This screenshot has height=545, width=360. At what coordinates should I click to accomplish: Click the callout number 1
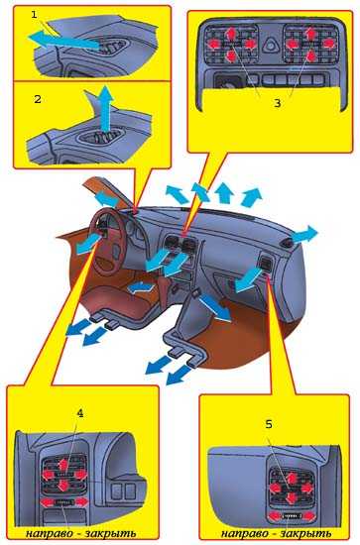tap(34, 15)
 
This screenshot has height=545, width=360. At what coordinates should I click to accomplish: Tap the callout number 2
tap(38, 99)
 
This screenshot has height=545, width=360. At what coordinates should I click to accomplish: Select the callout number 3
tap(278, 103)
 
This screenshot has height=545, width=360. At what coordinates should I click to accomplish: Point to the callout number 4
tap(80, 413)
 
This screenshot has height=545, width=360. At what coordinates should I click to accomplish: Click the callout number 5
tap(269, 424)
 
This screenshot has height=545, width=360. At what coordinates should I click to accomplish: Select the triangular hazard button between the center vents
tap(270, 46)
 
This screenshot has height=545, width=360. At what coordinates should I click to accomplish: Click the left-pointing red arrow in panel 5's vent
tap(276, 488)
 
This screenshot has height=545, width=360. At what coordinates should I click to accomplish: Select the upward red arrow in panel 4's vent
tap(62, 464)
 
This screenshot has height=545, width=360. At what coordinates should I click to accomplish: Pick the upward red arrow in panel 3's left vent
tap(230, 34)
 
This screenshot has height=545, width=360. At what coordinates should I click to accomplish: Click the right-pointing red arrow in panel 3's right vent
tap(327, 44)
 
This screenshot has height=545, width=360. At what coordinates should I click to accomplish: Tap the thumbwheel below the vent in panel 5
tap(291, 516)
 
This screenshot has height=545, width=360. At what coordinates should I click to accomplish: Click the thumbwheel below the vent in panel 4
tap(62, 502)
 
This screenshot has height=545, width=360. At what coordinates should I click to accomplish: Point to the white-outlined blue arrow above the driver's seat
tap(141, 288)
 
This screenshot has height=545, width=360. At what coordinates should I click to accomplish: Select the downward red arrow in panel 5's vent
tap(292, 498)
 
